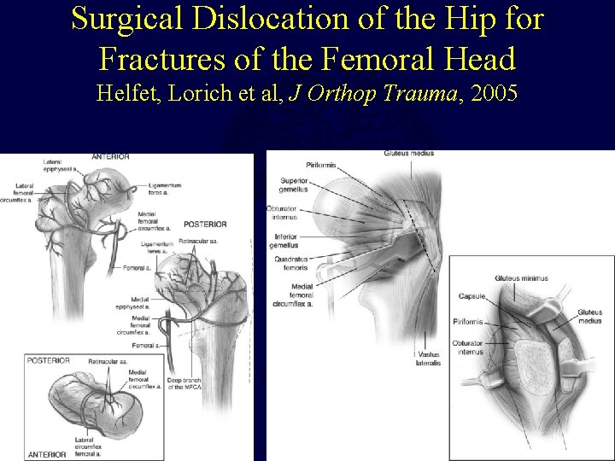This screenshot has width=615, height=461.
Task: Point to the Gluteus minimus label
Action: click(521, 278)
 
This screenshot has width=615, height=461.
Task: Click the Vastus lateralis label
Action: click(429, 359)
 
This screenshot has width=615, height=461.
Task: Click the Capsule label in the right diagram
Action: click(471, 296)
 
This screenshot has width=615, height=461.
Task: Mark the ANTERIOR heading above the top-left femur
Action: click(108, 156)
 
